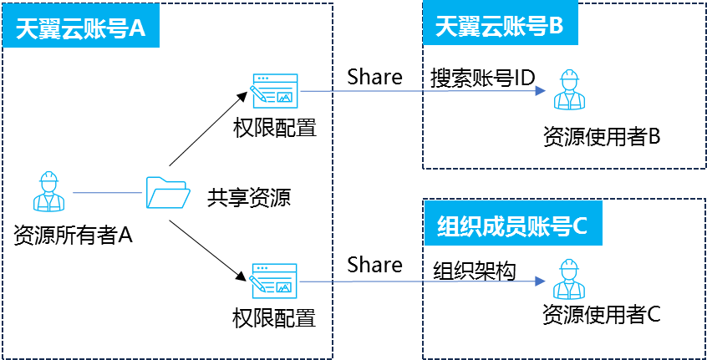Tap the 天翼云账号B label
click(499, 27)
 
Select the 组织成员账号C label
click(512, 225)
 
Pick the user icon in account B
click(569, 89)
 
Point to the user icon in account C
click(569, 279)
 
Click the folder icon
click(167, 192)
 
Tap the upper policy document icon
click(275, 91)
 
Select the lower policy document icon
click(274, 281)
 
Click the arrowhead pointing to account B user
click(541, 90)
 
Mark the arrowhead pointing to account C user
click(541, 281)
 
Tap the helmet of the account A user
click(48, 177)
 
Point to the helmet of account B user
click(570, 76)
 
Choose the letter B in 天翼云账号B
click(557, 27)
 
